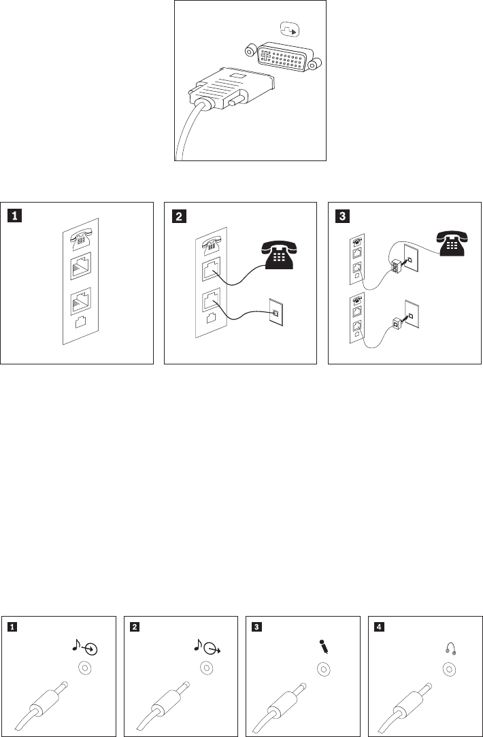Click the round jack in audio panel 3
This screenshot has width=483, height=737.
324,670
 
